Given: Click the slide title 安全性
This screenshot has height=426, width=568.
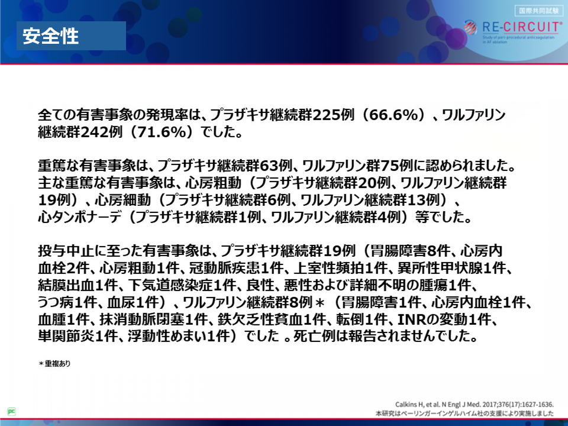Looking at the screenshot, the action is click(x=51, y=36).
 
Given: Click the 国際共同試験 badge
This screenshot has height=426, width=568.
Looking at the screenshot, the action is click(x=538, y=11).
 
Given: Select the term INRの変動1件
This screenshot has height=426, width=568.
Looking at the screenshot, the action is click(x=447, y=319).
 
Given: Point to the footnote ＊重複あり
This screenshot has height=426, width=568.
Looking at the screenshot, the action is click(x=54, y=363).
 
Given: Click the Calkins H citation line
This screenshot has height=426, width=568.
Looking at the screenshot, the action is click(x=475, y=405).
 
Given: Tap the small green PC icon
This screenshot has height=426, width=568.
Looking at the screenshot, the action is click(x=12, y=412).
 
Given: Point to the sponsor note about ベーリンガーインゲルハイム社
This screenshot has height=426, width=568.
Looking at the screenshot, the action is click(x=465, y=414).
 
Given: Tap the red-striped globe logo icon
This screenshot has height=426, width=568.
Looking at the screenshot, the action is click(x=470, y=27).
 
